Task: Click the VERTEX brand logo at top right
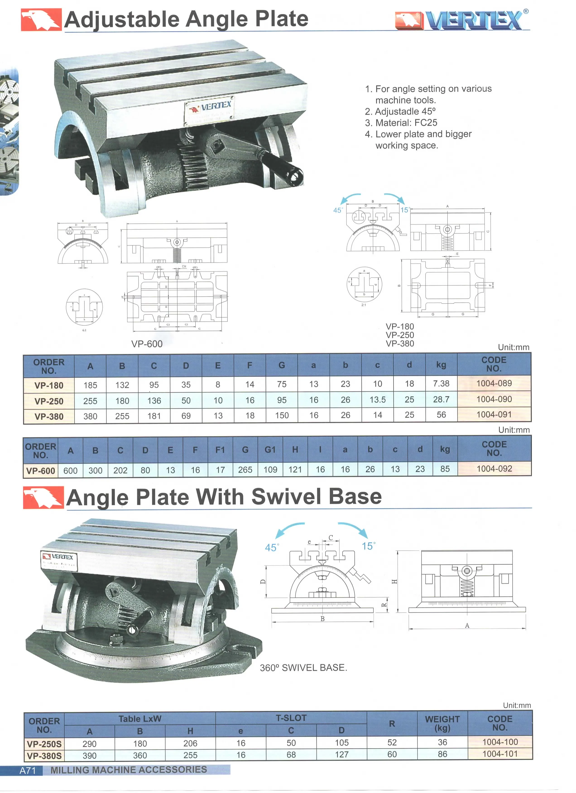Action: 462,20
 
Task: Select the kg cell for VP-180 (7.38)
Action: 441,384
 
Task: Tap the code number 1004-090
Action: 494,399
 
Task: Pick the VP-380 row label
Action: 49,416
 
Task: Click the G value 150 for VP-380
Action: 281,415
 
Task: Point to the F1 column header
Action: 220,450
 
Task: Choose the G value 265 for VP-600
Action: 245,470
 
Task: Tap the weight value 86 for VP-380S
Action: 442,754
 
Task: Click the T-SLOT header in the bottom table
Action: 291,718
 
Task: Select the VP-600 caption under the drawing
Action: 147,344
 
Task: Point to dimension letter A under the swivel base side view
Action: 467,626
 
